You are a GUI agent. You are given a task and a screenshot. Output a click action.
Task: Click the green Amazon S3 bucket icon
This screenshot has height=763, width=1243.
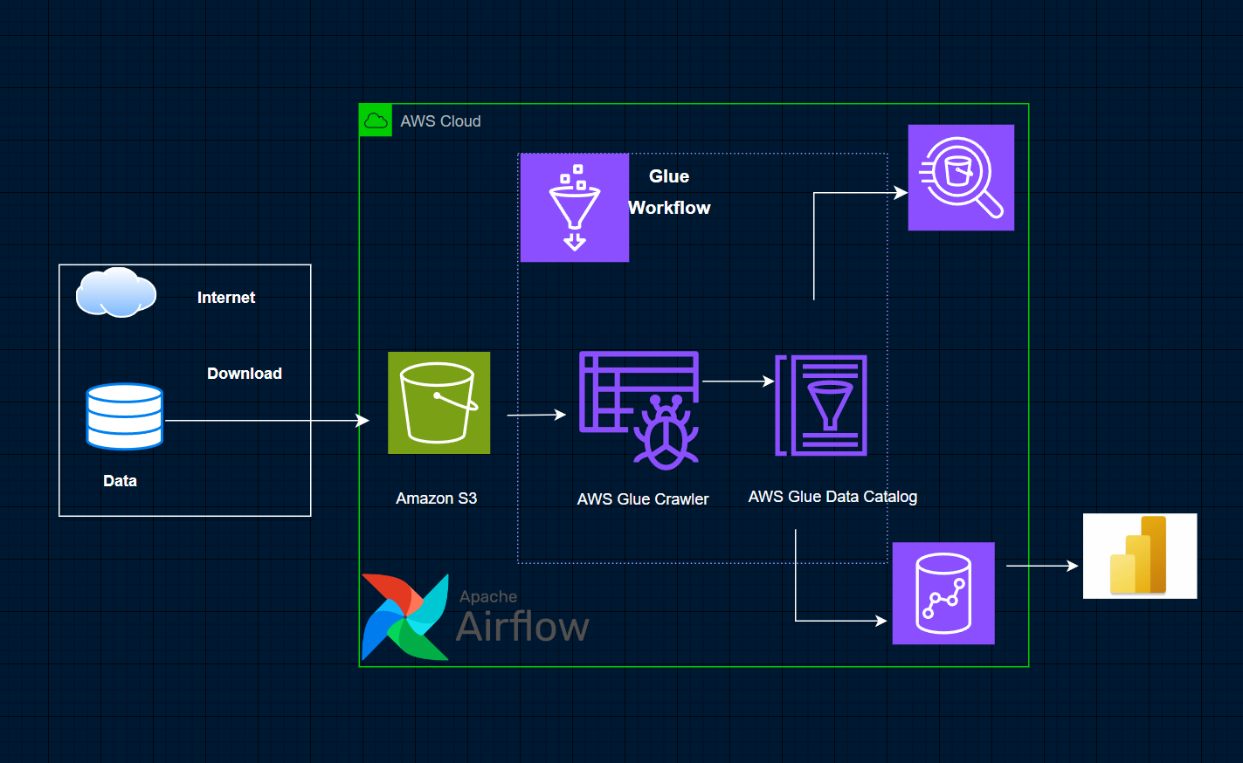point(439,403)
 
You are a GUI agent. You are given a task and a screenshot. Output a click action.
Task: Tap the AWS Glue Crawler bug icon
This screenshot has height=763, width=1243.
point(639,410)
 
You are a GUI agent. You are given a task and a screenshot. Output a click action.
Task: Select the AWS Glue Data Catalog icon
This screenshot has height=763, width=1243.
point(821,405)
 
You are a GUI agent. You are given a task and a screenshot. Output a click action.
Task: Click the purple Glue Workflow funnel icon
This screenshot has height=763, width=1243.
point(575,208)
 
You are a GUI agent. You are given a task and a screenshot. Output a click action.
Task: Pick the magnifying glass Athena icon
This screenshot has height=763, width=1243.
point(961,177)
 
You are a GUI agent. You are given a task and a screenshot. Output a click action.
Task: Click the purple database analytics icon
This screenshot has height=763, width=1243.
point(943,594)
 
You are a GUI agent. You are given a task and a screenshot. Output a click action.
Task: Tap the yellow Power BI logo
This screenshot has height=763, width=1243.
point(1140,555)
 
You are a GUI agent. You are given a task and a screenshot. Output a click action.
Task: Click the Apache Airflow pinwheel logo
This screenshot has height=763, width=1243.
point(405,616)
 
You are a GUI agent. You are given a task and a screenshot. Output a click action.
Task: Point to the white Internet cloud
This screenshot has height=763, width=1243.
point(116,292)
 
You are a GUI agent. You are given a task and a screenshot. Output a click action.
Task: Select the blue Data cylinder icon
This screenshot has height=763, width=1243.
point(125,416)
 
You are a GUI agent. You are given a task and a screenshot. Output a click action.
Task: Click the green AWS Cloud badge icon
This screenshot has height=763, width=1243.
point(376,120)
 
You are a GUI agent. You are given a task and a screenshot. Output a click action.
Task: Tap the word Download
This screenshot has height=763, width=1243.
point(245,373)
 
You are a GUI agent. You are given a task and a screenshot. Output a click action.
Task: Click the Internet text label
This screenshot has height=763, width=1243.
point(226,297)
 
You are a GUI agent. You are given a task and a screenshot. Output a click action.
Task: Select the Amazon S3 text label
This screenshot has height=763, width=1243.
point(436,498)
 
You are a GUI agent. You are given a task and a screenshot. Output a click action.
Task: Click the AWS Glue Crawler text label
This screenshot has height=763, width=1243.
point(643,499)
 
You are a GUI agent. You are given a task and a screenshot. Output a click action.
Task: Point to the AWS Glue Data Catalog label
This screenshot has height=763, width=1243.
point(832,497)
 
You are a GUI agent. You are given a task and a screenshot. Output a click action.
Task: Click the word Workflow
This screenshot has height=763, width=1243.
point(669,208)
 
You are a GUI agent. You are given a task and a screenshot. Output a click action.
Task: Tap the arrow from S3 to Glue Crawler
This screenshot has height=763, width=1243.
point(536,415)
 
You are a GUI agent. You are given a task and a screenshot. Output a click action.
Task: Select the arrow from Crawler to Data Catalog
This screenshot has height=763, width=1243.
point(739,381)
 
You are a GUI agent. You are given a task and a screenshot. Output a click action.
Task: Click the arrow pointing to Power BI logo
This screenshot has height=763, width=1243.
point(1042,566)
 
